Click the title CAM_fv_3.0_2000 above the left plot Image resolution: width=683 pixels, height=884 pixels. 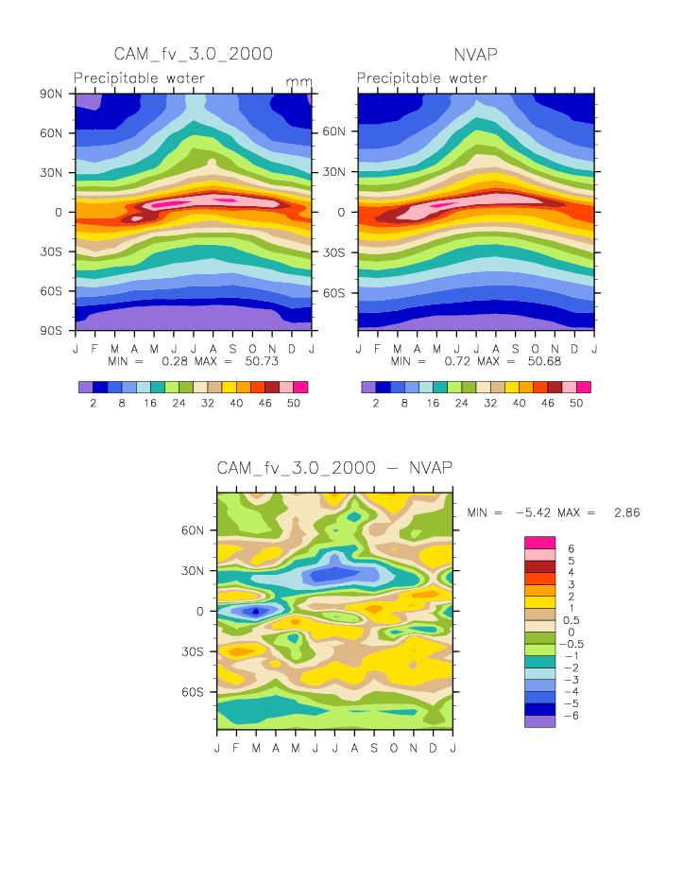pos(193,53)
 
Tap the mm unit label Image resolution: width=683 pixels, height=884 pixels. pos(299,82)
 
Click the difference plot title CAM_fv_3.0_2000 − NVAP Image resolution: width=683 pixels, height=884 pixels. pos(334,468)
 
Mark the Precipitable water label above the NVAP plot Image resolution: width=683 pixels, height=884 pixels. pos(422,78)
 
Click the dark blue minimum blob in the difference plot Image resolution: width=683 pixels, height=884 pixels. pos(255,611)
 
